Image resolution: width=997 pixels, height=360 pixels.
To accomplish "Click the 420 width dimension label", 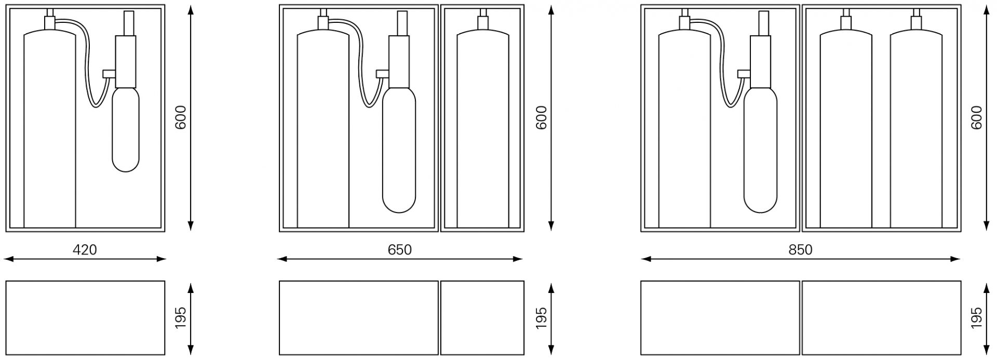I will coord(85,250).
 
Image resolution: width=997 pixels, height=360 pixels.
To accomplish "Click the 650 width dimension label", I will coord(399,250).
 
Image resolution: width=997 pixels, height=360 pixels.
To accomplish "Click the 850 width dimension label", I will coord(800,250).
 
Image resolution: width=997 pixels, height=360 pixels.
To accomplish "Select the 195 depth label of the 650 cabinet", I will coord(541,317).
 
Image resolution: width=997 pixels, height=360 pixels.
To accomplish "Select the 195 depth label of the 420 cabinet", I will coord(180,317).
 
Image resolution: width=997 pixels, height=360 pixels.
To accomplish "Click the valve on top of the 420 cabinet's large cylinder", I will coord(50,22).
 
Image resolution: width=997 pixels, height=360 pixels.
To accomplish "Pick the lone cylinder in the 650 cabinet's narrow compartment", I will coord(483,130).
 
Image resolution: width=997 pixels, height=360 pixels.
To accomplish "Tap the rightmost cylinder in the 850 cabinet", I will coord(916,130).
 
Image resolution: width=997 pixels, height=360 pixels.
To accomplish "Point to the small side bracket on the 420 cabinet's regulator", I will coord(109,73).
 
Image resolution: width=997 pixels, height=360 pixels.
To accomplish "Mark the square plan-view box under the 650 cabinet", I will coord(482,317).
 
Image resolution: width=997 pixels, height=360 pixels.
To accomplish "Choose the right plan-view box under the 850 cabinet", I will coord(881,317).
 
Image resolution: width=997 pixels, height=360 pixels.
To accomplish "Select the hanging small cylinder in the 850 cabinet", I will coord(761,151).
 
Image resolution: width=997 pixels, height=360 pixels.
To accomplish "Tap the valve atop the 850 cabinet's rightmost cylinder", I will coord(916,22).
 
